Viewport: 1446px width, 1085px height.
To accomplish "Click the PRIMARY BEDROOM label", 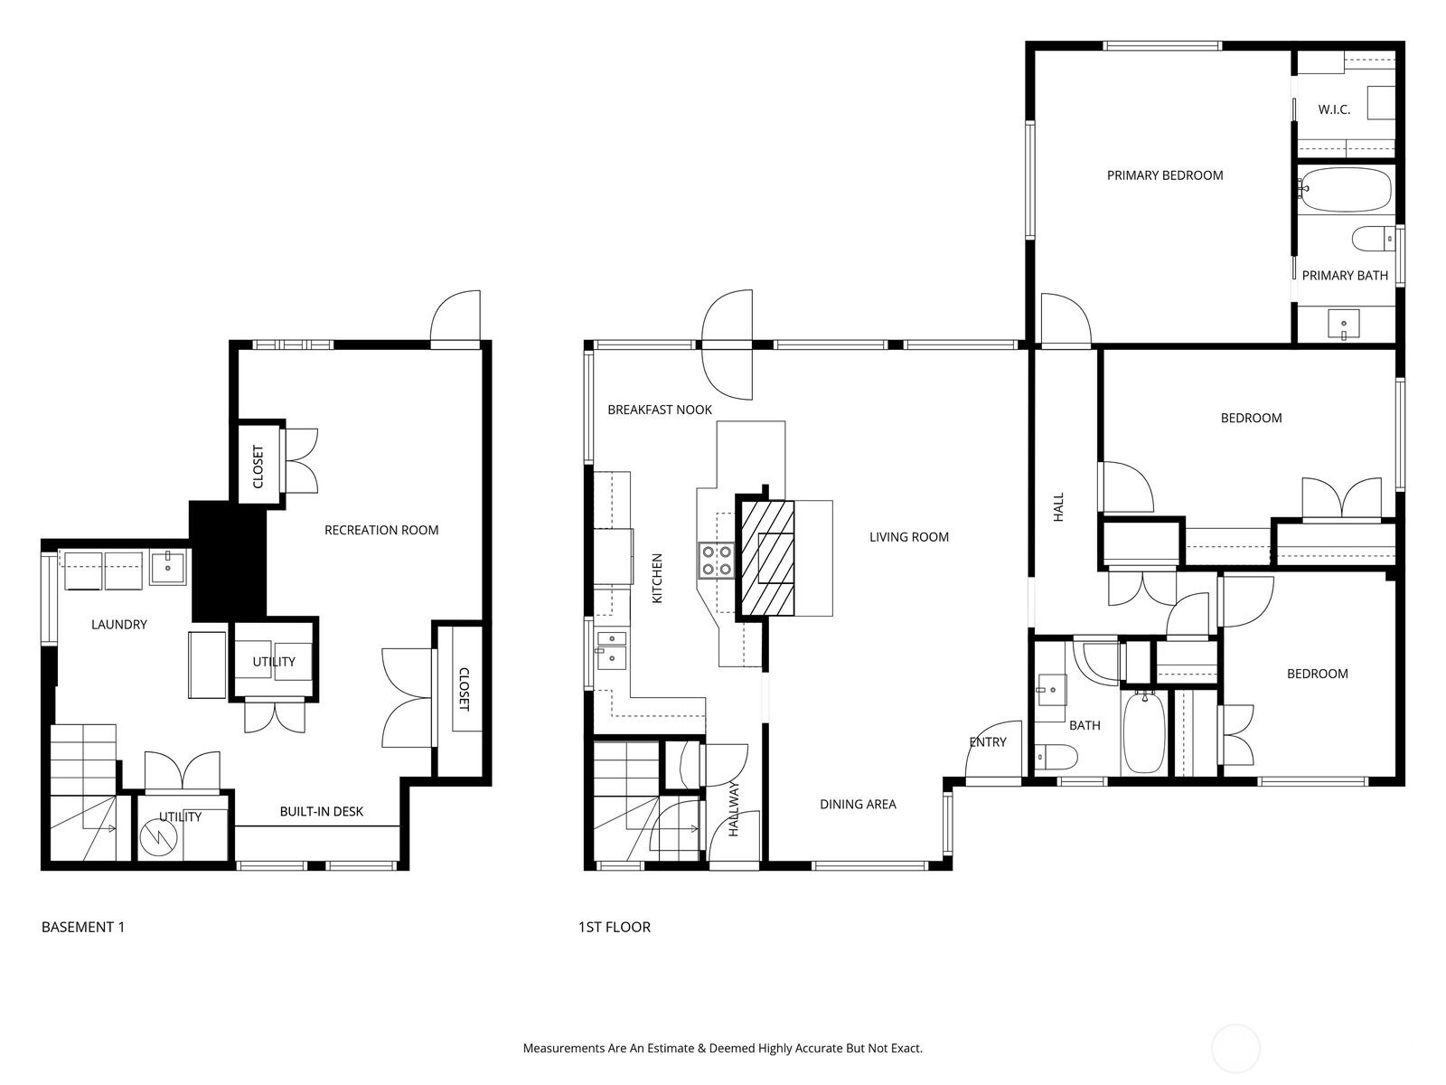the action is [x=1165, y=175].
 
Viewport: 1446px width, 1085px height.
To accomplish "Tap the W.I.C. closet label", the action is [x=1334, y=110].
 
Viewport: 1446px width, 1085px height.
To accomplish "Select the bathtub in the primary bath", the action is [x=1346, y=190].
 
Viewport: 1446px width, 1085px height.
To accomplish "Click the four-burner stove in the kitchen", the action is [x=716, y=560].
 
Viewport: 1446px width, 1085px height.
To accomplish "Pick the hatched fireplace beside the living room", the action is [x=766, y=557].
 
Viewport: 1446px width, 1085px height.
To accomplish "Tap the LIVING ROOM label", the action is [x=909, y=537].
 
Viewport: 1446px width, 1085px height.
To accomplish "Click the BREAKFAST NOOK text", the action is [x=660, y=410].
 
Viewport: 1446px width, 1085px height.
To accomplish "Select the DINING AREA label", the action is [x=858, y=804].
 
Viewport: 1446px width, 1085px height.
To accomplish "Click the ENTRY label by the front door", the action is [x=988, y=741].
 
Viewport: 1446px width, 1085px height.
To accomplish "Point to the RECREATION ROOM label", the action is [x=381, y=530].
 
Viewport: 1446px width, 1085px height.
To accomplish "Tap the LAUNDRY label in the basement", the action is [x=119, y=624].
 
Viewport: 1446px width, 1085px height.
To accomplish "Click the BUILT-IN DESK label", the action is [x=322, y=811].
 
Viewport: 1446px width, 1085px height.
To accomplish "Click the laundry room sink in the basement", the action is [x=168, y=567].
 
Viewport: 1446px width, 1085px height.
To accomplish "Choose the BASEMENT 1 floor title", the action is [x=83, y=927].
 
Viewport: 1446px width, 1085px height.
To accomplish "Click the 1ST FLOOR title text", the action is [x=615, y=927].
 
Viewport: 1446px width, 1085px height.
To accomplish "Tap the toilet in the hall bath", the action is [x=1056, y=757].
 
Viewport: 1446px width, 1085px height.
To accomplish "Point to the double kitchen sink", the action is [x=612, y=649].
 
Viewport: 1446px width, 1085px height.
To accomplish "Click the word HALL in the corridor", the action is [x=1058, y=507].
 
